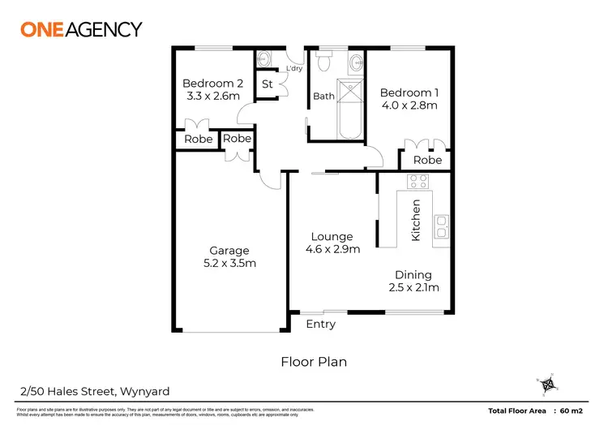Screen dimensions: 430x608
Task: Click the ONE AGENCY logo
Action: [80, 29]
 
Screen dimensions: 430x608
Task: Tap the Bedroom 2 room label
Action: [212, 83]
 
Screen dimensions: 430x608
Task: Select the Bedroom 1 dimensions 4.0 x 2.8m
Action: [409, 105]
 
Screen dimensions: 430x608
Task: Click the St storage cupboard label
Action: [267, 84]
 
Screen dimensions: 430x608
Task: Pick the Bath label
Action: [323, 97]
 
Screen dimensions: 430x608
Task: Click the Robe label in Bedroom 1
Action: [427, 160]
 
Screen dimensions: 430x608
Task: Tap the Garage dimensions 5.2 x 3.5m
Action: [229, 264]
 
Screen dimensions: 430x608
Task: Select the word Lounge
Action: [331, 237]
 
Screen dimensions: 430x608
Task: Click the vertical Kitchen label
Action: [416, 220]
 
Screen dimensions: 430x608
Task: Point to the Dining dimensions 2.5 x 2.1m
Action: [413, 288]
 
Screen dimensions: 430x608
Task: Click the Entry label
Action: [320, 325]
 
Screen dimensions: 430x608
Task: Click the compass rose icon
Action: [548, 384]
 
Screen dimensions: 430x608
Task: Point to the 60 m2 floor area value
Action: [578, 411]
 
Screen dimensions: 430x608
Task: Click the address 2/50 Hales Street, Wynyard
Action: [79, 389]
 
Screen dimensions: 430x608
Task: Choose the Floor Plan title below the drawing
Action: [313, 362]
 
